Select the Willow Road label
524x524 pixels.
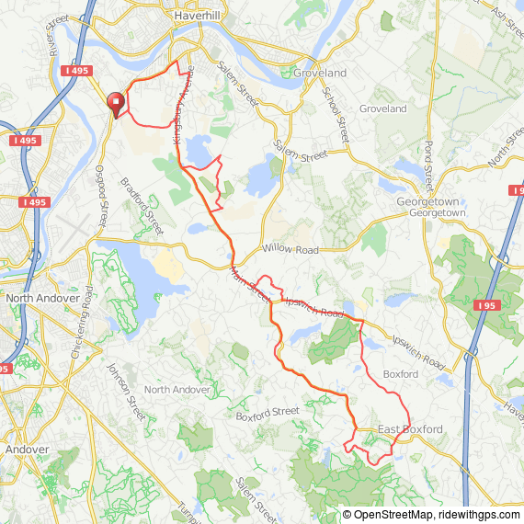pos(290,249)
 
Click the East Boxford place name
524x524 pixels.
pos(410,429)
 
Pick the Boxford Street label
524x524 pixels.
pos(268,413)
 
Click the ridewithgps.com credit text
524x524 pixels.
pos(484,515)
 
